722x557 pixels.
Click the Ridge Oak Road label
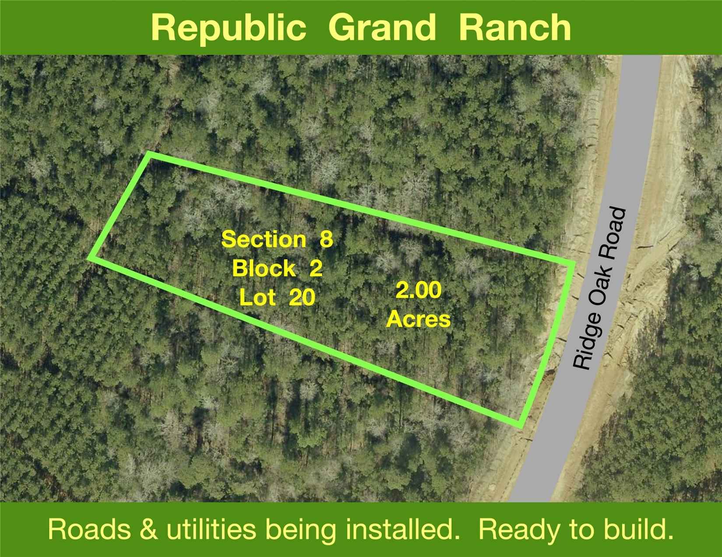click(600, 288)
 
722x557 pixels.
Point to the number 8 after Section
click(326, 239)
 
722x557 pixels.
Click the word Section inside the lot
click(264, 239)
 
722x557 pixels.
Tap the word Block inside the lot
click(264, 268)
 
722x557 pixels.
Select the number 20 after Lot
click(302, 298)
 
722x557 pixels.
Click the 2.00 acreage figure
click(419, 291)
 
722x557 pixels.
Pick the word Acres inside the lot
click(418, 320)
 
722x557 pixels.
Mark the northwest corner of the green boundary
click(149, 154)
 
